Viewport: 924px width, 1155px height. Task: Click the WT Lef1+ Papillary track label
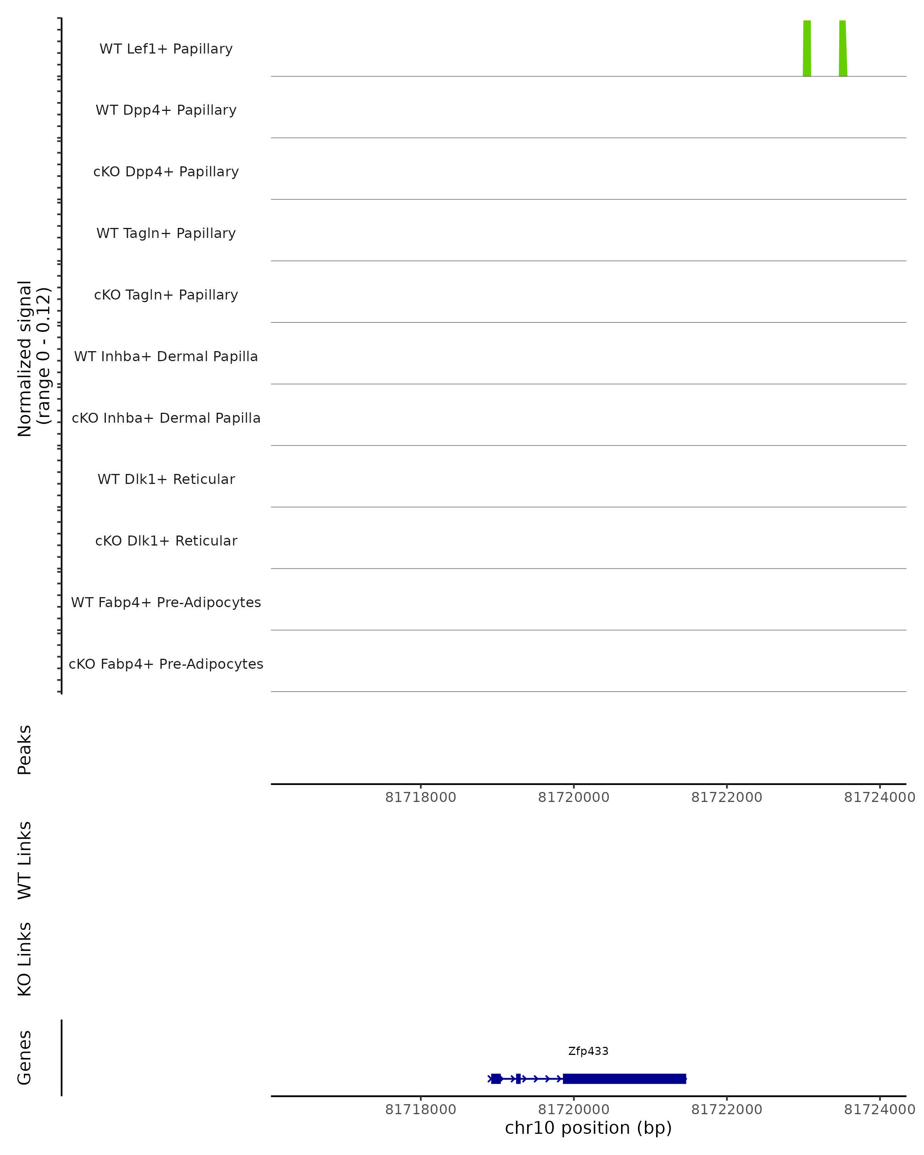click(166, 49)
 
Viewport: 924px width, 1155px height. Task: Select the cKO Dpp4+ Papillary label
click(166, 172)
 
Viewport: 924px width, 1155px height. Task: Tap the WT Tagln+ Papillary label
click(166, 234)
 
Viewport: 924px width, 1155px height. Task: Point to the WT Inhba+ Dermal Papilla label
click(166, 357)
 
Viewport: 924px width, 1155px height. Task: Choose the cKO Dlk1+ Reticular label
click(166, 541)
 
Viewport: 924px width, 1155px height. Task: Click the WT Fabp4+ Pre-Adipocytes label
click(166, 603)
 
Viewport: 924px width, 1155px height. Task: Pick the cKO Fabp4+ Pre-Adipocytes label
click(166, 664)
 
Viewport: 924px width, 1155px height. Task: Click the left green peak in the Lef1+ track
click(807, 48)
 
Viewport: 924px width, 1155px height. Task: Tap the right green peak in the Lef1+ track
click(843, 48)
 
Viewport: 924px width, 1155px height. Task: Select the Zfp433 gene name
click(588, 1051)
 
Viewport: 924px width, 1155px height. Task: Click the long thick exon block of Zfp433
click(624, 1079)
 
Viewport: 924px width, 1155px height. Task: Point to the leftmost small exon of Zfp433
click(496, 1079)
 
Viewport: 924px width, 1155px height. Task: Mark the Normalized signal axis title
click(33, 358)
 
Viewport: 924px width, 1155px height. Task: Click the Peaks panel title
click(25, 750)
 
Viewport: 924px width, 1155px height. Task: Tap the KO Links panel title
click(25, 959)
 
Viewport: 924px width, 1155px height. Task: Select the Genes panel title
click(25, 1058)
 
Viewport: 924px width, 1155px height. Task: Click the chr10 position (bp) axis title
click(588, 1128)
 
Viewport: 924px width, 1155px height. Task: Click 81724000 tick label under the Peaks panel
click(880, 798)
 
